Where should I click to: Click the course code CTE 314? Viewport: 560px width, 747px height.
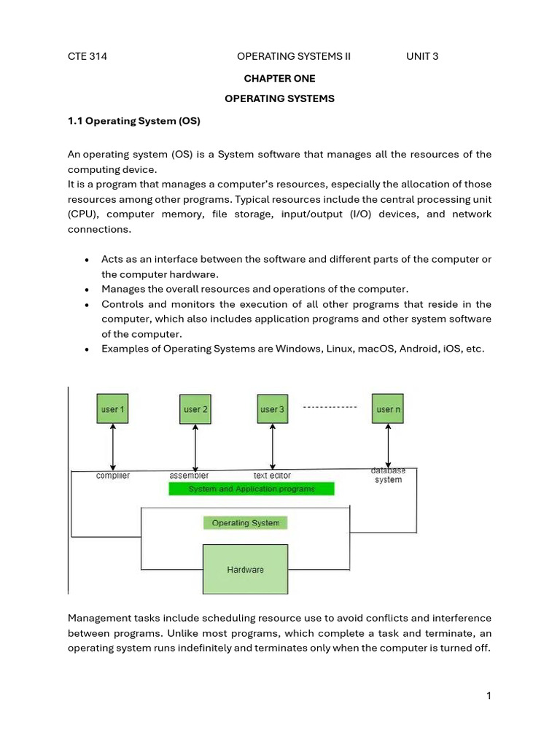87,56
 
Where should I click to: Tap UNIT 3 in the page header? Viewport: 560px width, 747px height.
422,56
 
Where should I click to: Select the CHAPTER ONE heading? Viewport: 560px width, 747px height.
279,78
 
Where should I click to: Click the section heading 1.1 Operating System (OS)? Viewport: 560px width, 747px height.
133,121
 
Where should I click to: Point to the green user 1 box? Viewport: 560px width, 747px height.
112,409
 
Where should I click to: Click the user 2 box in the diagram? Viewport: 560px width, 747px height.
195,409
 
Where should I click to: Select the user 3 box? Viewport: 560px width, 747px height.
272,409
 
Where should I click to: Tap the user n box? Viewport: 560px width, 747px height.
388,409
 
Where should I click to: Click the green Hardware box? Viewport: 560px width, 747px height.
245,569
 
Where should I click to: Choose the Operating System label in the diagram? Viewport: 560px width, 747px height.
245,523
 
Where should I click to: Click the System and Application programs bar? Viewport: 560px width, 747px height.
252,489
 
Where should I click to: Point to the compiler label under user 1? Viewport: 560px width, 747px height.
113,476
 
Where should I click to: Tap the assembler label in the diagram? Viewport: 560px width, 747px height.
189,476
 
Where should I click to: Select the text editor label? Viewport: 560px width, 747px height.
272,476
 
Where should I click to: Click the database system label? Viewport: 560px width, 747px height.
388,475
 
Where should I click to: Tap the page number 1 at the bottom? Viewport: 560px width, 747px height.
489,696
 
